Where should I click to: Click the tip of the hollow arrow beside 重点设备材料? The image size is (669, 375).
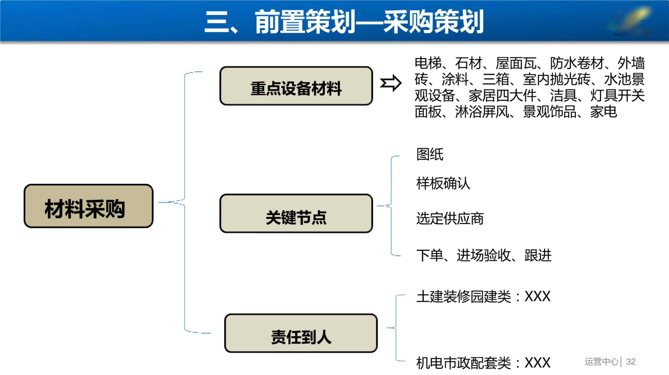tap(401, 83)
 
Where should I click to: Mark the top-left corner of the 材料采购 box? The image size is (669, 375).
tap(24, 184)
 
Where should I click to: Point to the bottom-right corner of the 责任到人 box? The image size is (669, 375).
tap(377, 352)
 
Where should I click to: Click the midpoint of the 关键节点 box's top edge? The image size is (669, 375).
tap(296, 194)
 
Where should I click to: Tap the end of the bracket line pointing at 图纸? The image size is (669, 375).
tap(400, 156)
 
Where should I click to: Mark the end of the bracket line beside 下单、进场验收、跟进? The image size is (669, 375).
tap(401, 255)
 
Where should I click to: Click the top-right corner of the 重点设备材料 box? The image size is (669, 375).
tap(373, 67)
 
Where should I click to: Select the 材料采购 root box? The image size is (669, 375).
tap(89, 206)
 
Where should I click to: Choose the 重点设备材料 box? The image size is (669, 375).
tap(296, 86)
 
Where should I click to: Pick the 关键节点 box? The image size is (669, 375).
tap(296, 213)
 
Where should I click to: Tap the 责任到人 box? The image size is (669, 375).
tap(301, 333)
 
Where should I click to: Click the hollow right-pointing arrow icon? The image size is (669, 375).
tap(391, 83)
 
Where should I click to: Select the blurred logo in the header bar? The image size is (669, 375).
tap(631, 21)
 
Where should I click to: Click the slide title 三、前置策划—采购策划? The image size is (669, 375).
tap(344, 22)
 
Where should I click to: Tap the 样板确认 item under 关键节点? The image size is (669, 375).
tap(443, 183)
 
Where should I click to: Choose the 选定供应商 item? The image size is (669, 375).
tap(450, 218)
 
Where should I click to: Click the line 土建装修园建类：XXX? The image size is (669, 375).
tap(483, 297)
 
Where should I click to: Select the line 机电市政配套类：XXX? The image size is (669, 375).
tap(483, 363)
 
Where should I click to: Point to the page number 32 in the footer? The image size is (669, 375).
tap(631, 362)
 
